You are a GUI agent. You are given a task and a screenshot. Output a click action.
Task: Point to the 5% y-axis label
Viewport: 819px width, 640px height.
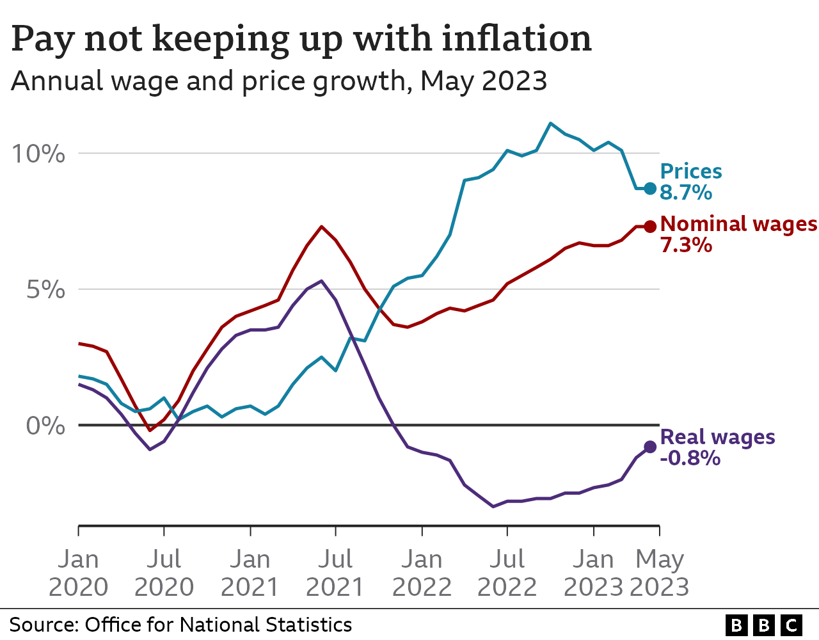pos(46,290)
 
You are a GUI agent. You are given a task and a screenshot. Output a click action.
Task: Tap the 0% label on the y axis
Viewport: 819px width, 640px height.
pos(46,426)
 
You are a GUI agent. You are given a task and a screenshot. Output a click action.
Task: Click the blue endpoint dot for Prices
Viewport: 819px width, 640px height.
pos(650,188)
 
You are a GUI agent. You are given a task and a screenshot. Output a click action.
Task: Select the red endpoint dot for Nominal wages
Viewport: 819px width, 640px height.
pos(650,226)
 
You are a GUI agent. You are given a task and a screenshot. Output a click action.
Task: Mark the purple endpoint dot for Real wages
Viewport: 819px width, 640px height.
pos(650,447)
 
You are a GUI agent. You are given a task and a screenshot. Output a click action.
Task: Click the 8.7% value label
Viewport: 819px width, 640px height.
pos(686,193)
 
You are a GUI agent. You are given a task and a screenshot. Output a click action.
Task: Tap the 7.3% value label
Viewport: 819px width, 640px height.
pos(686,245)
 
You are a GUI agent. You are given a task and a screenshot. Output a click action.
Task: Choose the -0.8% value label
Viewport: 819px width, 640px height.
pos(690,458)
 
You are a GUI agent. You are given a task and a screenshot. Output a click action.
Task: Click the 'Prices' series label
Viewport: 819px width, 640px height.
pos(691,172)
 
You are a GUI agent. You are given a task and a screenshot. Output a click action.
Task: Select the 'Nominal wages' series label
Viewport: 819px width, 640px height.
pos(738,224)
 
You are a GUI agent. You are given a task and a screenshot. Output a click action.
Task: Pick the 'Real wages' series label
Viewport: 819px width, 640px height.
pos(717,437)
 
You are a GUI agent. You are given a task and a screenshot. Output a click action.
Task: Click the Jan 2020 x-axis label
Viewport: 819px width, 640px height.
pos(78,573)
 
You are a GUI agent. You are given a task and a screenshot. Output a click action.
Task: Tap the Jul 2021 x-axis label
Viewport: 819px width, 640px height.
pos(335,573)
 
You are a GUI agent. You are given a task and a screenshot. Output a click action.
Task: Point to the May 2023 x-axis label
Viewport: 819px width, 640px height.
pos(660,573)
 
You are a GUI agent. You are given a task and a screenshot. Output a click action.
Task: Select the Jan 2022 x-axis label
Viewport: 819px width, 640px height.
pos(422,573)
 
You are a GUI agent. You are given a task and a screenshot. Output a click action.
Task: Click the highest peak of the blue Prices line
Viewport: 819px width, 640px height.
pos(550,123)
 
